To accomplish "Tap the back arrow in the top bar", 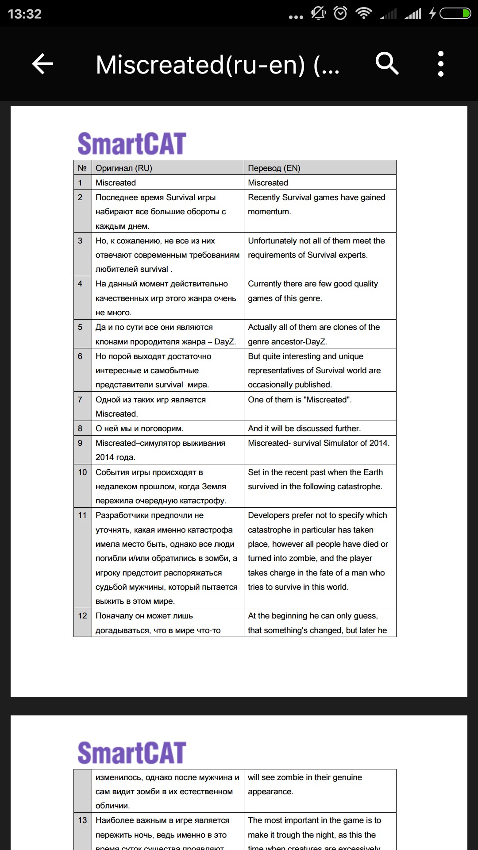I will (x=43, y=64).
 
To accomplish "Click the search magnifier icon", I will (x=387, y=64).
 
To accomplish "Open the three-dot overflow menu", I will (x=440, y=64).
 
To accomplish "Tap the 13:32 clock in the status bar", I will (x=25, y=14).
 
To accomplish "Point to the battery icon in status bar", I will (x=455, y=14).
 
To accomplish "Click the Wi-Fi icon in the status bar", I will (x=364, y=14).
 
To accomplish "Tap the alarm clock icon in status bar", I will (x=340, y=14).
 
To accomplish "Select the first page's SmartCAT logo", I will (x=132, y=143).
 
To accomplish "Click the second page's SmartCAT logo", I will (x=132, y=753).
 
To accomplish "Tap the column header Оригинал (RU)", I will (x=124, y=168).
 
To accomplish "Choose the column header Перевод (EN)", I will (x=274, y=168).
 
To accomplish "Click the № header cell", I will (x=82, y=168).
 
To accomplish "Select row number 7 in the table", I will (x=80, y=399).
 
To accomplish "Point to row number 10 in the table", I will (x=82, y=472).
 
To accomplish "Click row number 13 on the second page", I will (x=82, y=820).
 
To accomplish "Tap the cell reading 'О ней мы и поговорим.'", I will (x=139, y=428).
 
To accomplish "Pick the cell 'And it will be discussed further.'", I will (x=304, y=428).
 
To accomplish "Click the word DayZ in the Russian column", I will (x=225, y=341).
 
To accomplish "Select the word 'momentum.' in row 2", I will (x=270, y=212).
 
